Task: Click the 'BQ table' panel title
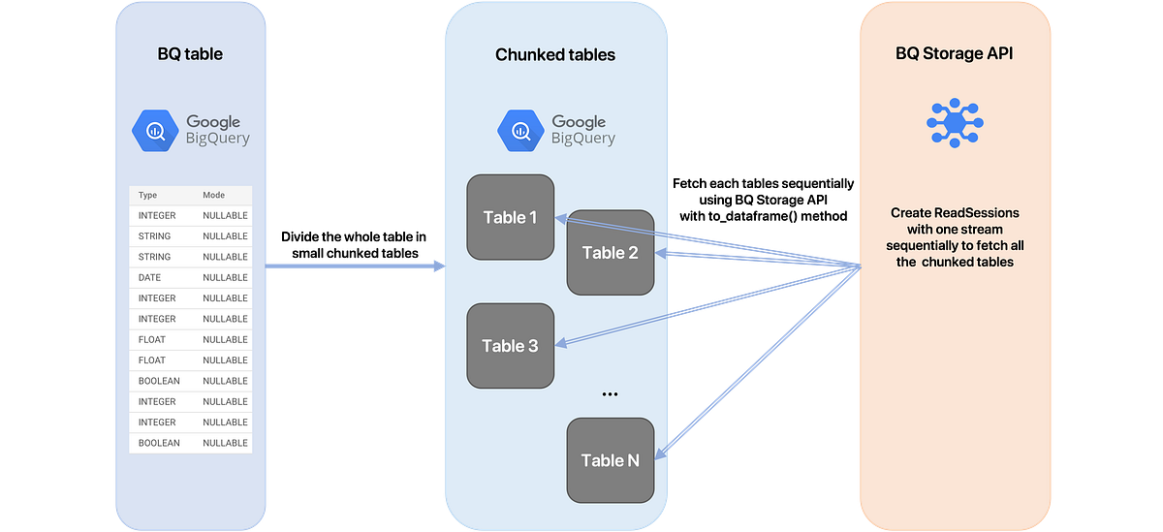point(190,54)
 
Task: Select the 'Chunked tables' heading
point(555,54)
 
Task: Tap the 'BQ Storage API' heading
point(954,54)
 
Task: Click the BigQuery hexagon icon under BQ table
point(156,131)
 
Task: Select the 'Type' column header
point(148,195)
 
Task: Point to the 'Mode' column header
point(213,195)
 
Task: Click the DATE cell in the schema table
point(150,277)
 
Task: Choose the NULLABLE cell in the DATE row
point(225,277)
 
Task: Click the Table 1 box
point(510,217)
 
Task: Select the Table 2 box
point(611,253)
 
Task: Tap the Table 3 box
point(510,346)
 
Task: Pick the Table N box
point(611,460)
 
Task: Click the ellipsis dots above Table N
point(610,394)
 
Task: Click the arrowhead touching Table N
point(662,454)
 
